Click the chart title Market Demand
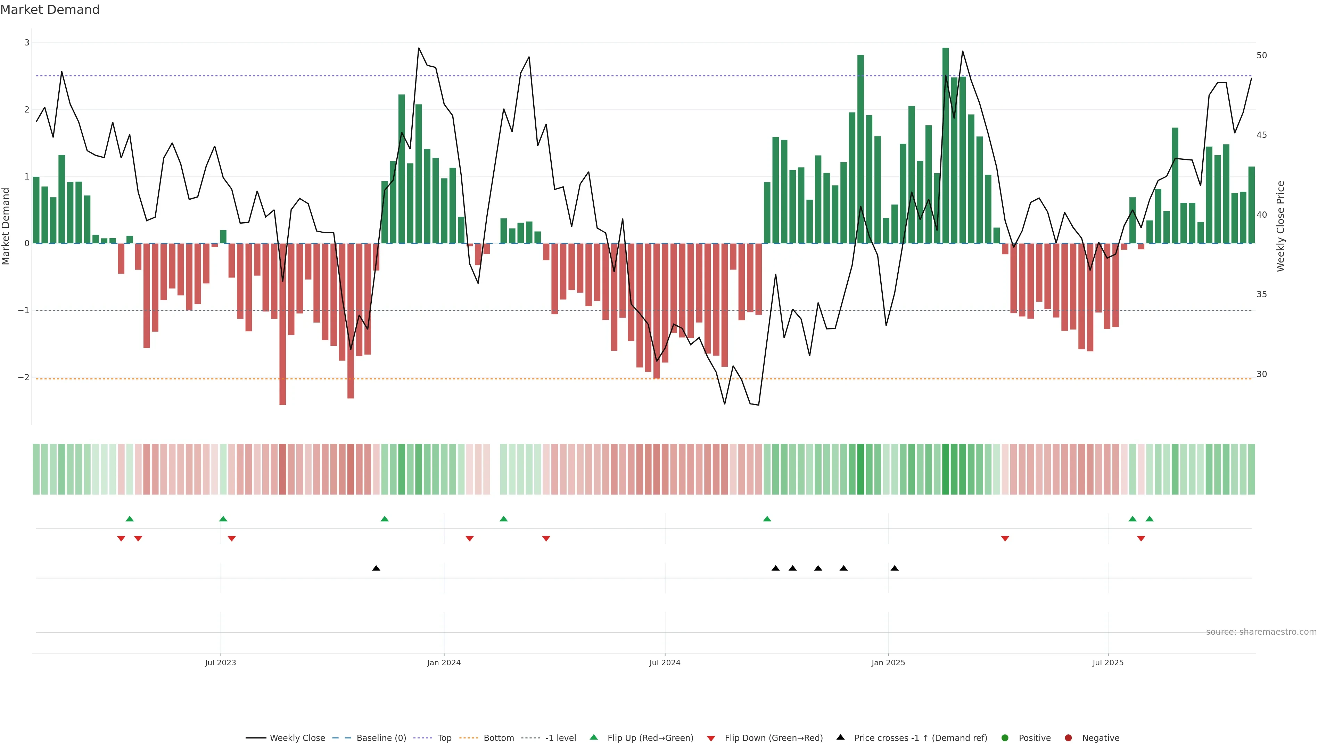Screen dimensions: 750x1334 [50, 10]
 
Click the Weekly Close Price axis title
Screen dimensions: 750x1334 [1280, 226]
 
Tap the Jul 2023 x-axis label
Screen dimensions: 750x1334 [220, 662]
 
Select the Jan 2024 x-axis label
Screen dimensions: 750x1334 [444, 662]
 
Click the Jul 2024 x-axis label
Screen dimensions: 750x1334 [665, 662]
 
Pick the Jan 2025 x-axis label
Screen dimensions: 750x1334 [888, 662]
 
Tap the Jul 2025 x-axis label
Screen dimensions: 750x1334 [1108, 662]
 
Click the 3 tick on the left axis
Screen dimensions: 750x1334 [27, 42]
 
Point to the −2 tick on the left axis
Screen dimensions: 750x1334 [24, 377]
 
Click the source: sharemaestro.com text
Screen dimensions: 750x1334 [1261, 632]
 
